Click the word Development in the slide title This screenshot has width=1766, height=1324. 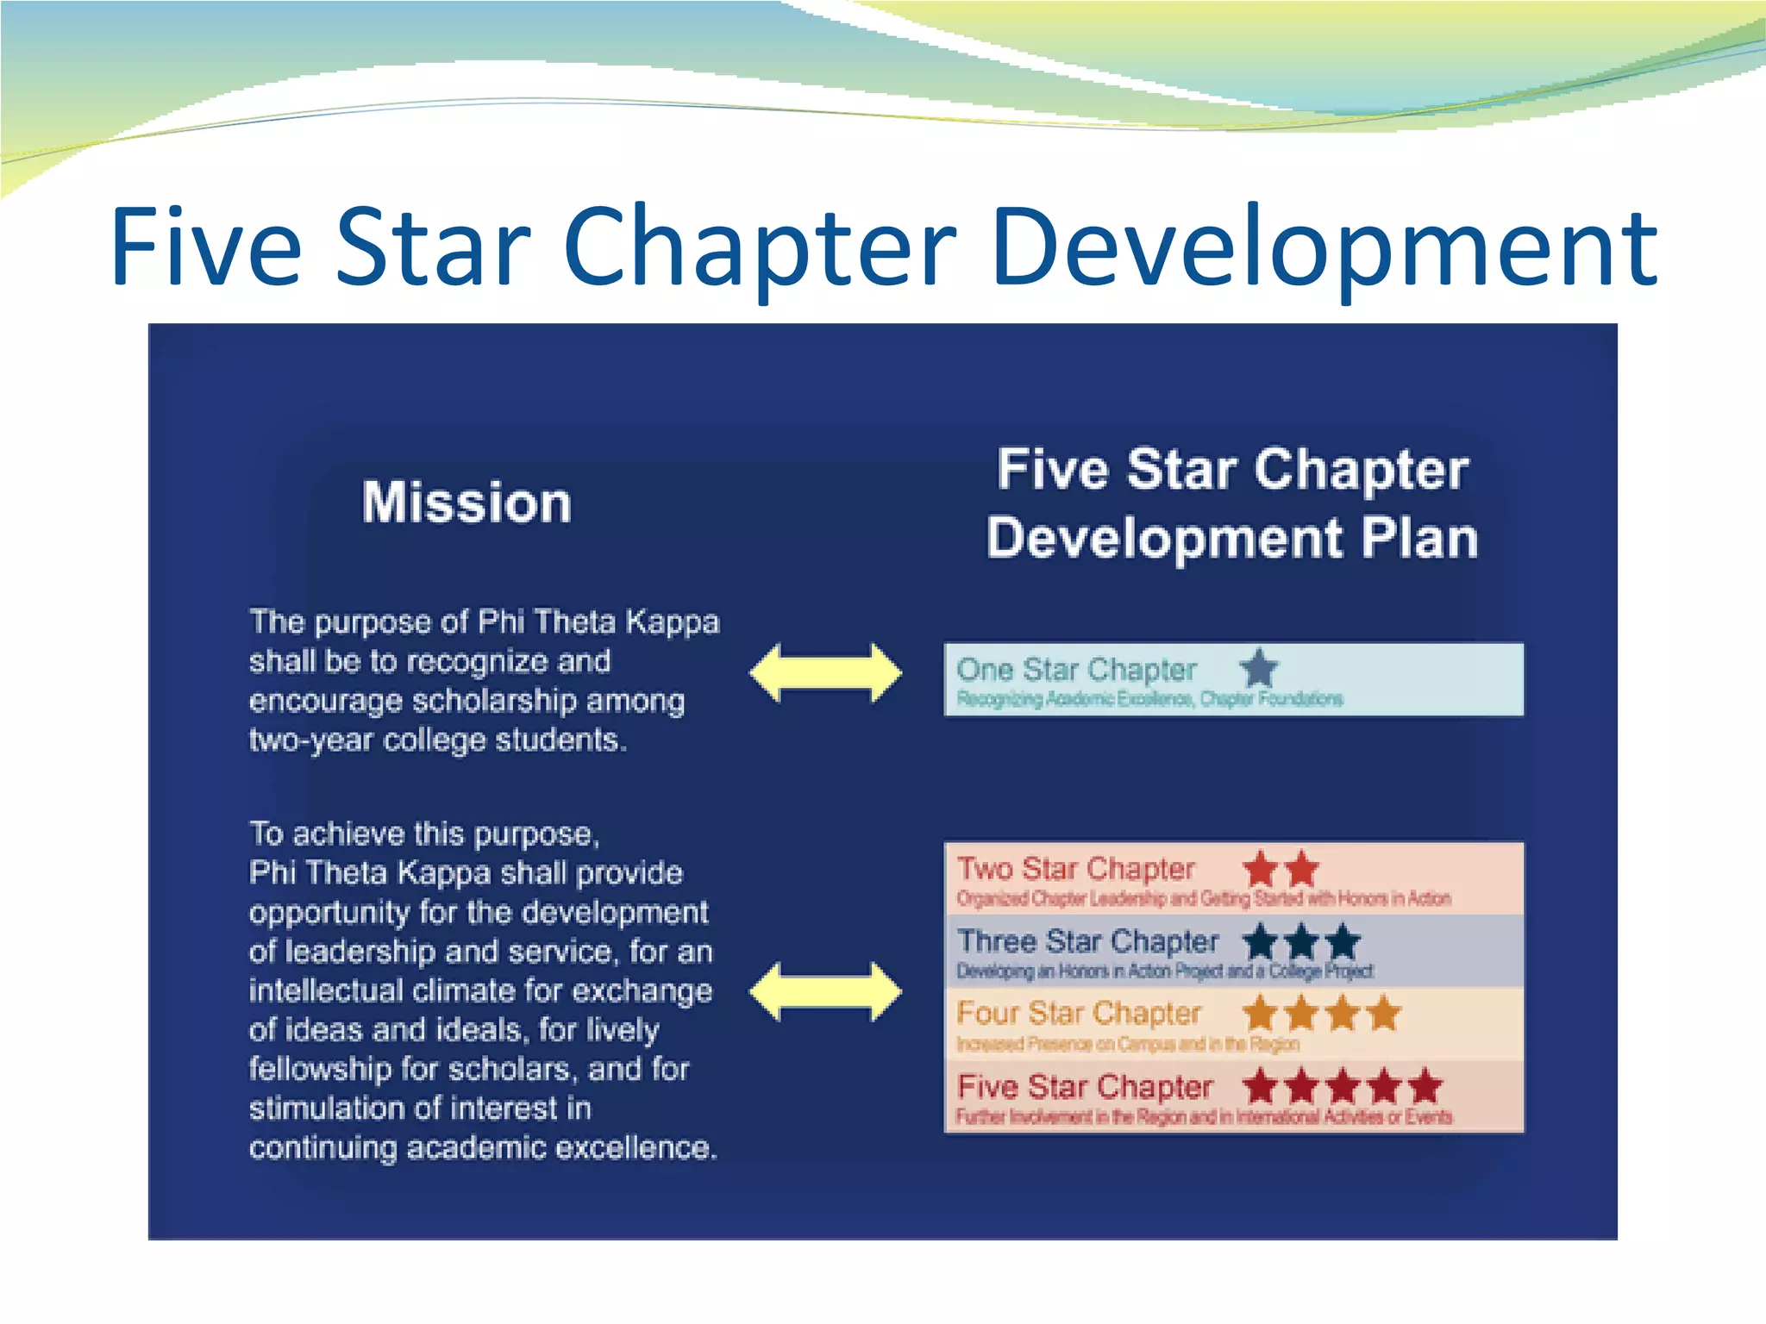click(1324, 247)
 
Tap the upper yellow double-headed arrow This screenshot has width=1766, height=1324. click(825, 672)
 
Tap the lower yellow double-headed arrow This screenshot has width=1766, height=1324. click(825, 992)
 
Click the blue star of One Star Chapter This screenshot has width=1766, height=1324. click(1259, 668)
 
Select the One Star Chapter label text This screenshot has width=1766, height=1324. click(1075, 670)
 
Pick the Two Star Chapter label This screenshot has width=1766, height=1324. click(1075, 869)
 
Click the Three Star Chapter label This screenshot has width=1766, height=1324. click(1087, 941)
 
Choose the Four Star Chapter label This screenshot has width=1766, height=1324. click(1078, 1014)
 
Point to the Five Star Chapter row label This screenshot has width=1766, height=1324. click(1084, 1087)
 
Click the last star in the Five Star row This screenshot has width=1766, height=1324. click(1425, 1086)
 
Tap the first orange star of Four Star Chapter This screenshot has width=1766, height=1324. click(1261, 1014)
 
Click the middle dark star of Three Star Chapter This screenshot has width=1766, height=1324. click(1301, 941)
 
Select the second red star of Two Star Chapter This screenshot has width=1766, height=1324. click(1301, 869)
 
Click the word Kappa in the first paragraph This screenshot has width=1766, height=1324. click(672, 622)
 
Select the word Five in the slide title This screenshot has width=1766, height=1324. click(206, 247)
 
